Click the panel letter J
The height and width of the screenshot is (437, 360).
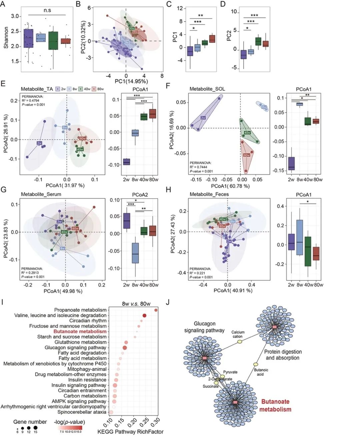(x=168, y=302)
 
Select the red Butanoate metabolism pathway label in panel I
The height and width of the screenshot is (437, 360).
(x=80, y=331)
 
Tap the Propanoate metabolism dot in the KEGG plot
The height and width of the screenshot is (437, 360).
(x=156, y=310)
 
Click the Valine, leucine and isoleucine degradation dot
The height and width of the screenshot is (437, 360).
(x=144, y=316)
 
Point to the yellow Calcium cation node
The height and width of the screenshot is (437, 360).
(x=240, y=342)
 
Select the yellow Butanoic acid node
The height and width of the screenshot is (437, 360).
(x=256, y=364)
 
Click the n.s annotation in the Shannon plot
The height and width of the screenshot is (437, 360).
(x=47, y=10)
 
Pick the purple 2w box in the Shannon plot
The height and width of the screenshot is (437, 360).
(x=28, y=38)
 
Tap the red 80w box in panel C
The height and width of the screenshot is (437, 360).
(x=212, y=39)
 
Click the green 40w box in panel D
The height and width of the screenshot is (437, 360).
(x=258, y=41)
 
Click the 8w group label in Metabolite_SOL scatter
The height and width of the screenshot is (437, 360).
(x=264, y=107)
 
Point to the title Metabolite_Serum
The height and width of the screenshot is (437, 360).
(x=41, y=194)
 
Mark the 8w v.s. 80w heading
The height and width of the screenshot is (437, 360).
(x=136, y=304)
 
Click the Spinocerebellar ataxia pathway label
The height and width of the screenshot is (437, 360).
(x=82, y=412)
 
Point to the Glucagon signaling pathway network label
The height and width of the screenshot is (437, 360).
(x=204, y=327)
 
